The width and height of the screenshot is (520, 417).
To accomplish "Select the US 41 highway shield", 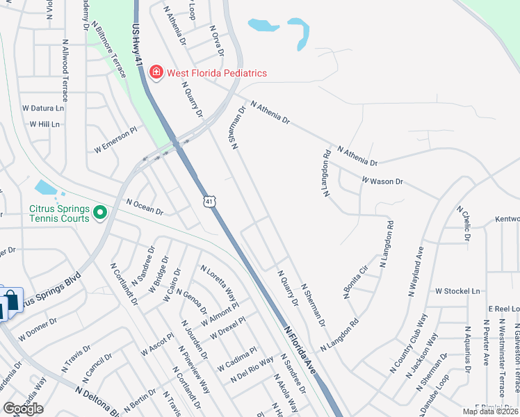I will [209, 201].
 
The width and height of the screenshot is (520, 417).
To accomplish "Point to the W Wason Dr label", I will [382, 181].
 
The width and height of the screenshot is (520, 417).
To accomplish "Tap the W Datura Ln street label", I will [43, 108].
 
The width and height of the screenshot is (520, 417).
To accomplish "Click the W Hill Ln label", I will [44, 124].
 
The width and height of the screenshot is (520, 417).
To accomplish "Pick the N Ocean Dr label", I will [145, 206].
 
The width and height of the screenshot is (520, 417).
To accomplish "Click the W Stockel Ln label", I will [457, 291].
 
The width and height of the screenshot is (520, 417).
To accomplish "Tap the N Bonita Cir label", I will [355, 281].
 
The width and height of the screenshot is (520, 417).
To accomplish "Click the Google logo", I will [23, 409].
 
